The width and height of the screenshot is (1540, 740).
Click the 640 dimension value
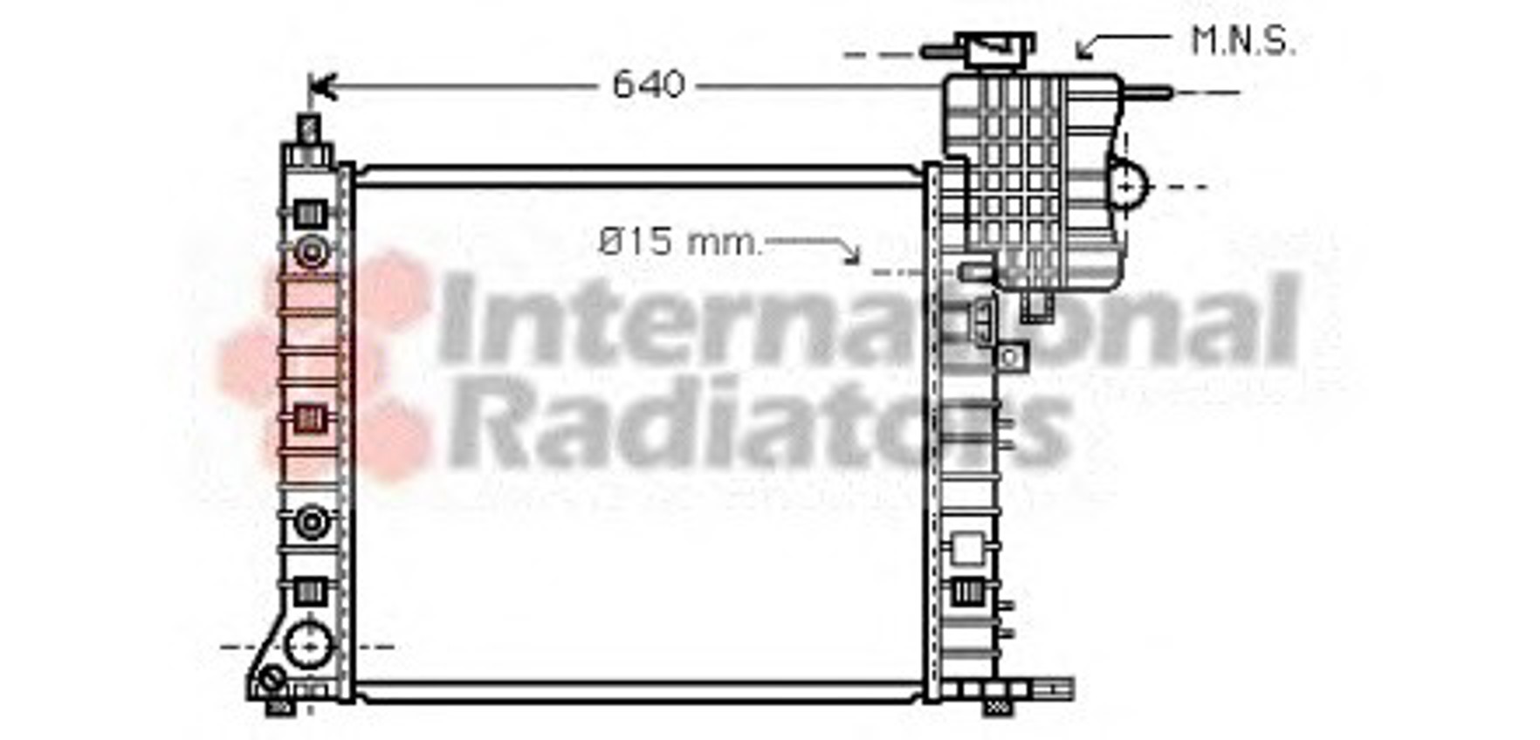[649, 85]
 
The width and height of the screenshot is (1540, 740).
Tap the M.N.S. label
[1243, 41]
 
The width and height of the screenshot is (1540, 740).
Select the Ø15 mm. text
[679, 242]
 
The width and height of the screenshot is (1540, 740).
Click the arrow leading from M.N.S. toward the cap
[1122, 44]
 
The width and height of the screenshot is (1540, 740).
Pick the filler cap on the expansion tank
[995, 51]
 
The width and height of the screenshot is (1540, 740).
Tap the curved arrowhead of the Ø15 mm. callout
[851, 253]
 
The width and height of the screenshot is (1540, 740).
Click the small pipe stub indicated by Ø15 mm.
[976, 272]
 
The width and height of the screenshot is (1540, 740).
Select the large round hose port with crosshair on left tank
[309, 647]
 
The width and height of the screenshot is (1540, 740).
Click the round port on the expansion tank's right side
[1128, 186]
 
